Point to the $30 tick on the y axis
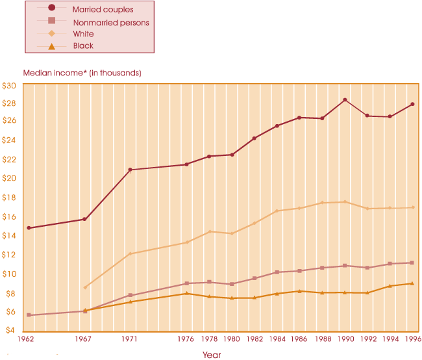click(9, 85)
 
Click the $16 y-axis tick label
click(9, 217)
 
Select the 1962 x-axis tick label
click(26, 339)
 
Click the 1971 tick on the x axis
click(130, 339)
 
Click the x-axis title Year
click(211, 355)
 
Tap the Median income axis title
click(82, 73)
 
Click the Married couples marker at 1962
click(29, 228)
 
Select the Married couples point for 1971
click(130, 170)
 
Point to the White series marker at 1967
click(85, 287)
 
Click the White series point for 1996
click(413, 207)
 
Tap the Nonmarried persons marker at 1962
click(29, 315)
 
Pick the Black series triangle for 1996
click(413, 283)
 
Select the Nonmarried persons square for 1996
click(413, 263)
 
